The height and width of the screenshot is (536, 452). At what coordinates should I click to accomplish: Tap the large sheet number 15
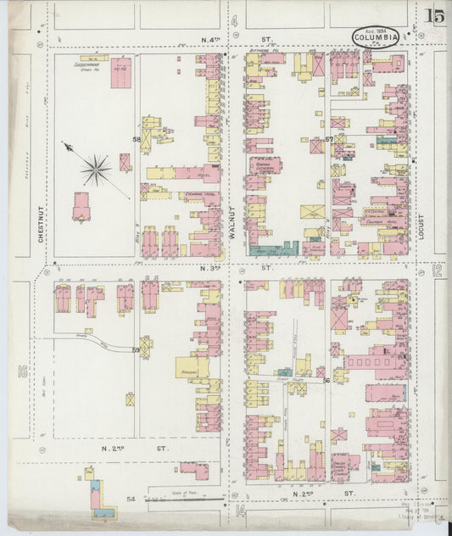point(436,15)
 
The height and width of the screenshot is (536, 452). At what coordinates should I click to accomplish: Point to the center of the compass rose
point(96,167)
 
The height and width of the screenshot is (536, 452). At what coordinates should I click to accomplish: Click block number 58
point(136,139)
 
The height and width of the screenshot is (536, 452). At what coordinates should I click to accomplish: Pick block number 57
point(329,138)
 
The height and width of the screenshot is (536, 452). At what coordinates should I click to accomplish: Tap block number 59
point(136,349)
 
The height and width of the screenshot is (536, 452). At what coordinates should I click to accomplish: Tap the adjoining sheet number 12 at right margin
point(437,271)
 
